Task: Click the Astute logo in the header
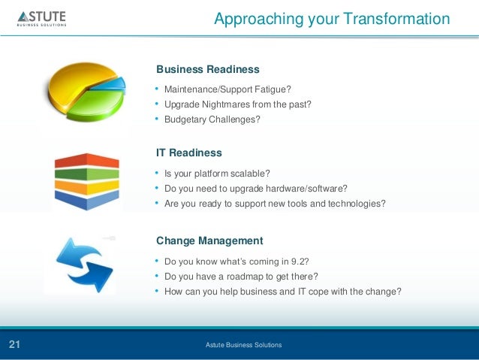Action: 42,19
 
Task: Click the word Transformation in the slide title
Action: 397,19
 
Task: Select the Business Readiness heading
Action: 208,69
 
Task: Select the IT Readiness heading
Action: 188,153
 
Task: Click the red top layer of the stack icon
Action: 87,161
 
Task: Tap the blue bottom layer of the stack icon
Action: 87,199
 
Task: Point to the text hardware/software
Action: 306,189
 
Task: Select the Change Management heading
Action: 209,241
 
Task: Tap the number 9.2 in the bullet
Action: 300,262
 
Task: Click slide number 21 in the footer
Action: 14,344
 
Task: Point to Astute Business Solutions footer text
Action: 243,345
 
